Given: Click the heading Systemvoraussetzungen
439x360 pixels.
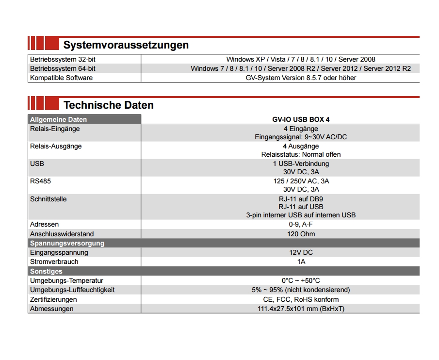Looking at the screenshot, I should click(x=126, y=45).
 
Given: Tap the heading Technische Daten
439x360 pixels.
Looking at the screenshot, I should click(x=108, y=105).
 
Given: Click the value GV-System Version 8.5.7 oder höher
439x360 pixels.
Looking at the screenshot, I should click(x=301, y=78).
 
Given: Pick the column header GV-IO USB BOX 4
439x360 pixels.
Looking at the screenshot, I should click(x=301, y=119).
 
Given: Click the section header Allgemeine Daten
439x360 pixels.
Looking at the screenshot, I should click(x=59, y=119).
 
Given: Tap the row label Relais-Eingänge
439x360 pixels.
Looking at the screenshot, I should click(x=55, y=129).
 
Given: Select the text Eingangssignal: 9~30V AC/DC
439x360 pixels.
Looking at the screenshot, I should click(x=301, y=137).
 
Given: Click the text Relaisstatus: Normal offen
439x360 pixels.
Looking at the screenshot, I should click(x=301, y=154).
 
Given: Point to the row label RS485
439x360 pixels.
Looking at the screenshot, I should click(x=40, y=181).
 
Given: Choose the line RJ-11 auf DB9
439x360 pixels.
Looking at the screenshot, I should click(x=301, y=198).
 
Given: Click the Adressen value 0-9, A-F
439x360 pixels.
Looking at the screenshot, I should click(x=301, y=224).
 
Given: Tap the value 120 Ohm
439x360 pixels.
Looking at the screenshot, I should click(x=301, y=234).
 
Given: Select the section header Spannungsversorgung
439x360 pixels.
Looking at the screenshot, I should click(x=67, y=243).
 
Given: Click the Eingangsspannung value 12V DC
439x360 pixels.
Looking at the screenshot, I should click(x=301, y=252).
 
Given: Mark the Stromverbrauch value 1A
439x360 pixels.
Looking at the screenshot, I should click(x=301, y=262).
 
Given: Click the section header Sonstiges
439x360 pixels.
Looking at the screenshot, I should click(x=46, y=271).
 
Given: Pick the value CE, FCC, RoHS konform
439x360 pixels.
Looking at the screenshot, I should click(x=301, y=299).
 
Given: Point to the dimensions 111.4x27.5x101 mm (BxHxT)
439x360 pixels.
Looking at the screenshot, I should click(x=301, y=309).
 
